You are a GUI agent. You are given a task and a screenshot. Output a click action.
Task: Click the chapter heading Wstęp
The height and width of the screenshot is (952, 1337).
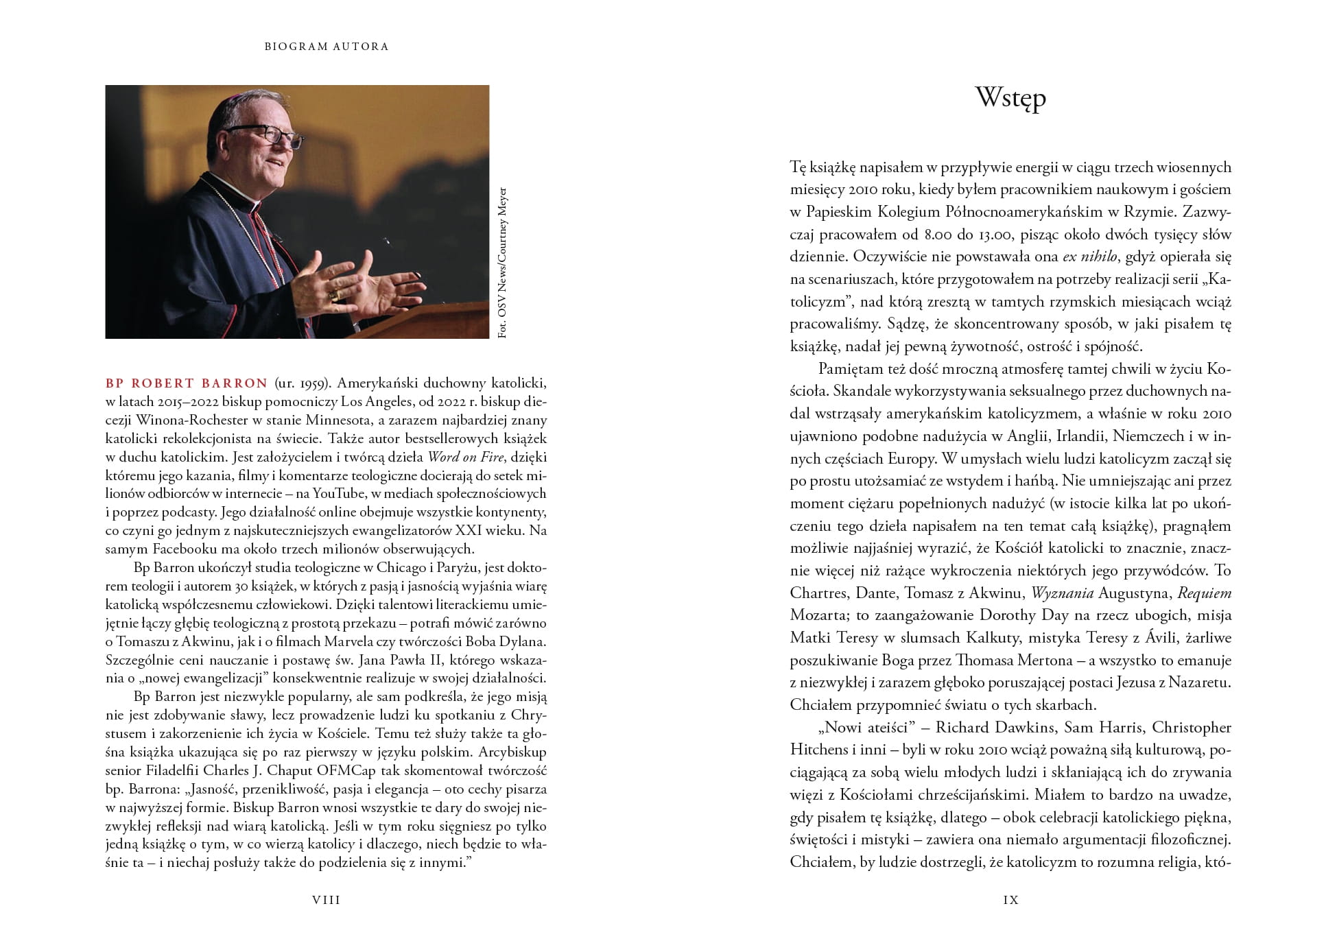tap(1010, 99)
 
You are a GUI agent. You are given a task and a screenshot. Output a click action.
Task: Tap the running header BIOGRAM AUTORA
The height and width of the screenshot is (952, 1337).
tap(327, 47)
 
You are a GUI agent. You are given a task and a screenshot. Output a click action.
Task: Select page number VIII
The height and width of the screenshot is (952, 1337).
tap(327, 900)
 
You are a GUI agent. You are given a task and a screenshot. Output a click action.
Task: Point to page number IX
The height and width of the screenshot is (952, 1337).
tap(1010, 900)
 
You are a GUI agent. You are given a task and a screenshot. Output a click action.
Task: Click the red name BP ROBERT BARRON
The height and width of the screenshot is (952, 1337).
tap(187, 383)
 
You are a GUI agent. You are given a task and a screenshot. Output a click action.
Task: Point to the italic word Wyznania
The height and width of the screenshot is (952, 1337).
tap(1063, 593)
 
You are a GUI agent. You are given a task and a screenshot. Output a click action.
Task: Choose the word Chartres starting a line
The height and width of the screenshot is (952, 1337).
tap(820, 593)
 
